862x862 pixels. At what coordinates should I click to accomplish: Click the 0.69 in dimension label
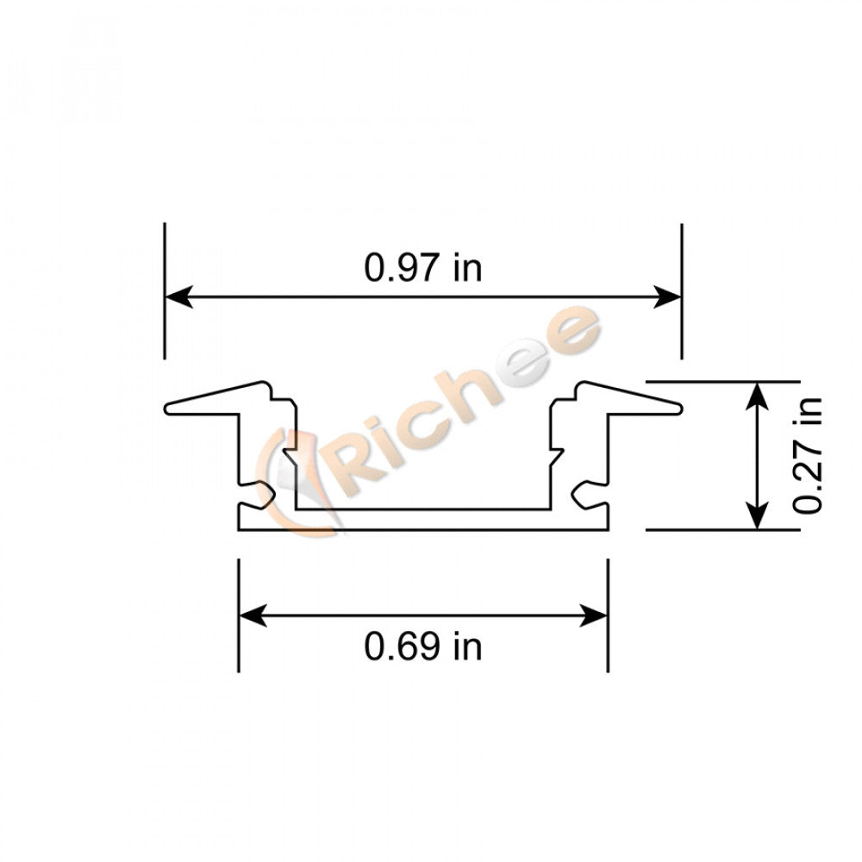pos(422,646)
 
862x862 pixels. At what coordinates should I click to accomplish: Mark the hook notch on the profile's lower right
pos(584,495)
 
